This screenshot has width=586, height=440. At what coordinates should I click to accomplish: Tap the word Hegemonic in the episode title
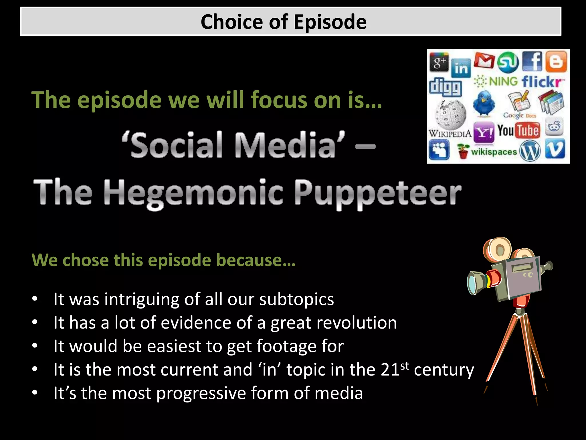(193, 192)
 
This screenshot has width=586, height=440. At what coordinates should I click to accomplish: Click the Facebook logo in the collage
(532, 61)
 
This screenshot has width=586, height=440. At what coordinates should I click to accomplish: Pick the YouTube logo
(518, 130)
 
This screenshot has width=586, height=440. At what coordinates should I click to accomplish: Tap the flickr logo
(543, 82)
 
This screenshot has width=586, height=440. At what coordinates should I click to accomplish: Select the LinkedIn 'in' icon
(461, 68)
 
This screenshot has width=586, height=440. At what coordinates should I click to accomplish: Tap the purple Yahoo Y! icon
(484, 132)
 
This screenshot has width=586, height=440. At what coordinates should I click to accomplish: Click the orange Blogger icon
(556, 61)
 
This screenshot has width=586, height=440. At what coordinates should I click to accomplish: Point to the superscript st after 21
(405, 366)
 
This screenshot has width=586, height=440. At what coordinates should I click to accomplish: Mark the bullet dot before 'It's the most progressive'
(35, 392)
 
